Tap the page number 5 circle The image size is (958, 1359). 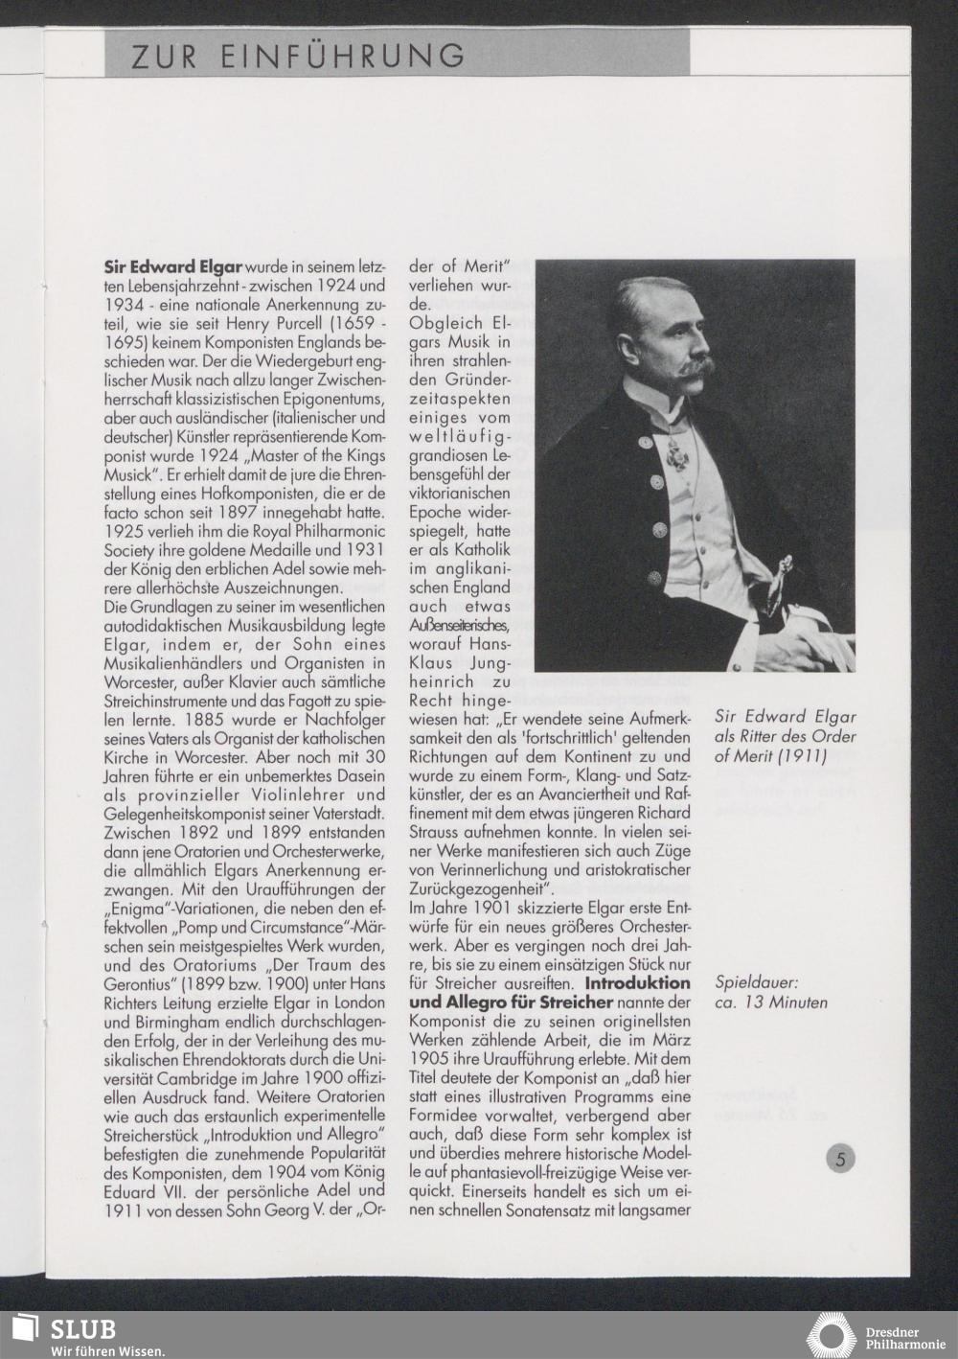coord(840,1158)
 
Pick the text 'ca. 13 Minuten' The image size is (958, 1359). coord(771,1003)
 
